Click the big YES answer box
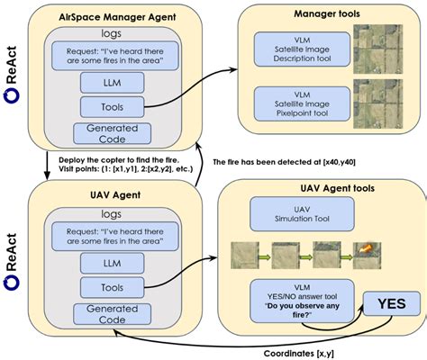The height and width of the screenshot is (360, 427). pyautogui.click(x=390, y=304)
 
